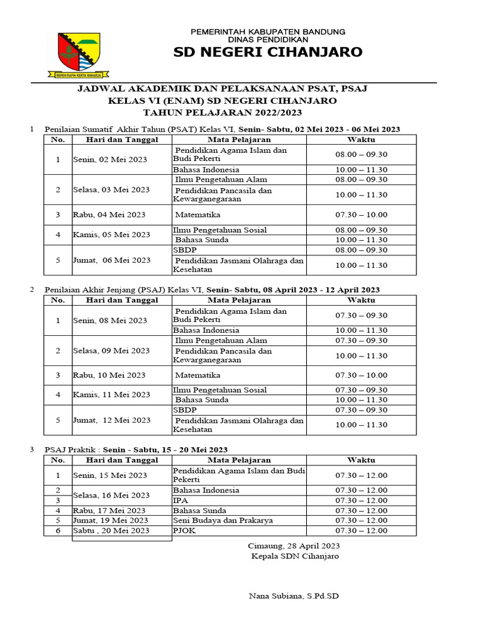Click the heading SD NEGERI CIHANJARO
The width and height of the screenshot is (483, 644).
[x=268, y=52]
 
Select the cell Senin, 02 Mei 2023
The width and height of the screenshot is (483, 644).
[x=110, y=160]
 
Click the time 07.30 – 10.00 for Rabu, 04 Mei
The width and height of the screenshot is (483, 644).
[x=361, y=215]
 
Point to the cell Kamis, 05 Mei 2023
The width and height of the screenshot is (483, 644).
[x=111, y=235]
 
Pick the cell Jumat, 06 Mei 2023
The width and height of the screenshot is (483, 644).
[x=111, y=260]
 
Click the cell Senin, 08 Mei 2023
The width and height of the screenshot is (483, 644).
[x=110, y=321]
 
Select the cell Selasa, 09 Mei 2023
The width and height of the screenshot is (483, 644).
[x=111, y=351]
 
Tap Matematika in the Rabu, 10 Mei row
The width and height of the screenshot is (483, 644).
[x=197, y=375]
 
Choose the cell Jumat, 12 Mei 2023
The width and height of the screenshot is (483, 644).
[x=111, y=420]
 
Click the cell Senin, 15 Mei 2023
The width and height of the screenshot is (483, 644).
[x=110, y=475]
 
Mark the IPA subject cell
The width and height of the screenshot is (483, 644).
[x=180, y=501]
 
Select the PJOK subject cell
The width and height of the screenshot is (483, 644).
[x=184, y=531]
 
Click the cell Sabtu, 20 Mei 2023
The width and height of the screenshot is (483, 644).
[x=111, y=531]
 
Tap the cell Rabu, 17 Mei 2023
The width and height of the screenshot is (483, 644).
[x=109, y=511]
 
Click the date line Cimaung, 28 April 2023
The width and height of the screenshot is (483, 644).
[x=294, y=546]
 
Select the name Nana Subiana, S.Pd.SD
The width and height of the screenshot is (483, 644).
[x=294, y=596]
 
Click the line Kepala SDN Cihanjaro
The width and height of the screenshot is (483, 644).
[x=294, y=557]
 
